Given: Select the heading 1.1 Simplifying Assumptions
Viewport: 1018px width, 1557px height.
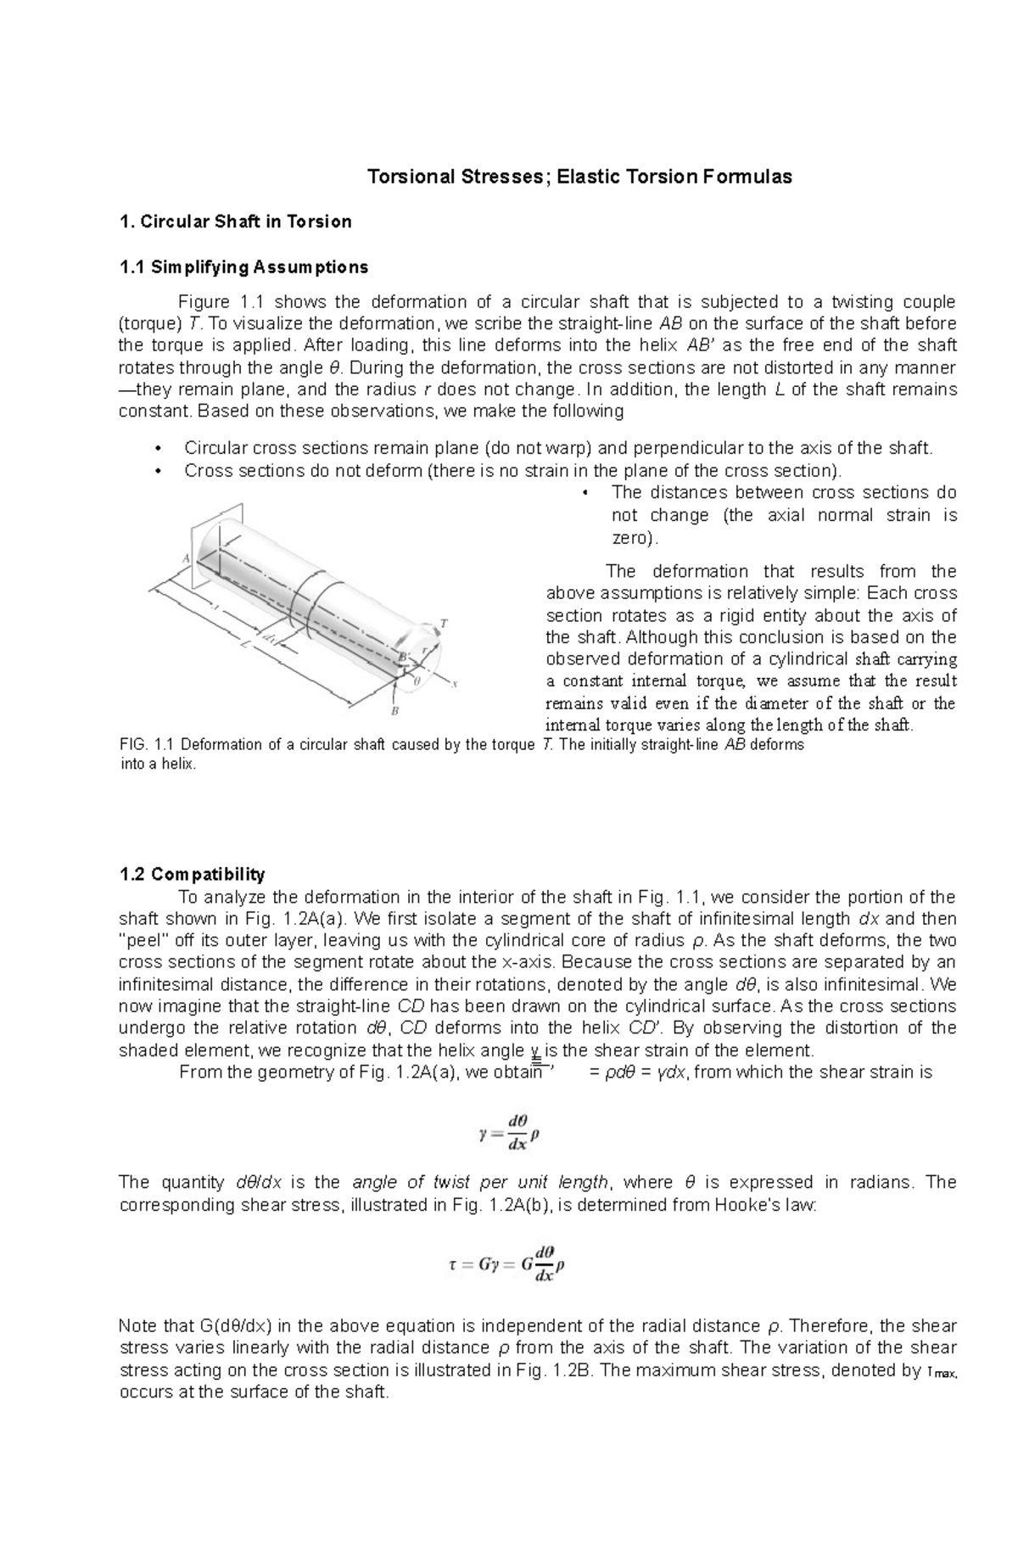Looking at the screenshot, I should pyautogui.click(x=243, y=267).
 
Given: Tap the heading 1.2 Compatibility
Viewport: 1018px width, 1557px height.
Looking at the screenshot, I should pyautogui.click(x=192, y=874).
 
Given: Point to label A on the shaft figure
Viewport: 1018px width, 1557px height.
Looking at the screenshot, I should pyautogui.click(x=186, y=558).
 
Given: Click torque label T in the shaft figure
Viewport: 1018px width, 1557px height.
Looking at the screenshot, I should pyautogui.click(x=444, y=624).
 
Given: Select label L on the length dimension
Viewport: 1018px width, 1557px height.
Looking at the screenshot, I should pyautogui.click(x=244, y=644).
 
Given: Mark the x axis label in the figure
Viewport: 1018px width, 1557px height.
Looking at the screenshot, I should pyautogui.click(x=456, y=684).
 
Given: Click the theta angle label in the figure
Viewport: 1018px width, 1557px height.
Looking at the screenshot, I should pyautogui.click(x=417, y=680).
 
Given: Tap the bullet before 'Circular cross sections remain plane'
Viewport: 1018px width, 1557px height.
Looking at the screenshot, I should pyautogui.click(x=158, y=448).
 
